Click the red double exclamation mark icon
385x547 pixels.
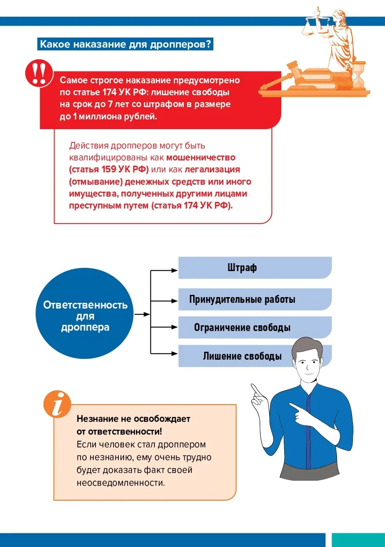(x=39, y=73)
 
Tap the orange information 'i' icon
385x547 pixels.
(x=57, y=404)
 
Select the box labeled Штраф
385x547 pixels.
(x=255, y=268)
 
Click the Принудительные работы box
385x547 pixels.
(x=255, y=299)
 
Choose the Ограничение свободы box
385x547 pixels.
(x=255, y=327)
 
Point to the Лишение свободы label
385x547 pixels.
(x=242, y=356)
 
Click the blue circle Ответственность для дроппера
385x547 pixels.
(x=84, y=313)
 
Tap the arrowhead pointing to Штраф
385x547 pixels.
(x=175, y=270)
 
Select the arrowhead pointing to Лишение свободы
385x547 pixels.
(x=175, y=354)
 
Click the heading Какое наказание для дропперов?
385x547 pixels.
(x=125, y=44)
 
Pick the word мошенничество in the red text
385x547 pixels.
(x=201, y=157)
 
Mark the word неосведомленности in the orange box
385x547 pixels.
(x=121, y=483)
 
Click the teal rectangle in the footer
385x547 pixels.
(x=358, y=540)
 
